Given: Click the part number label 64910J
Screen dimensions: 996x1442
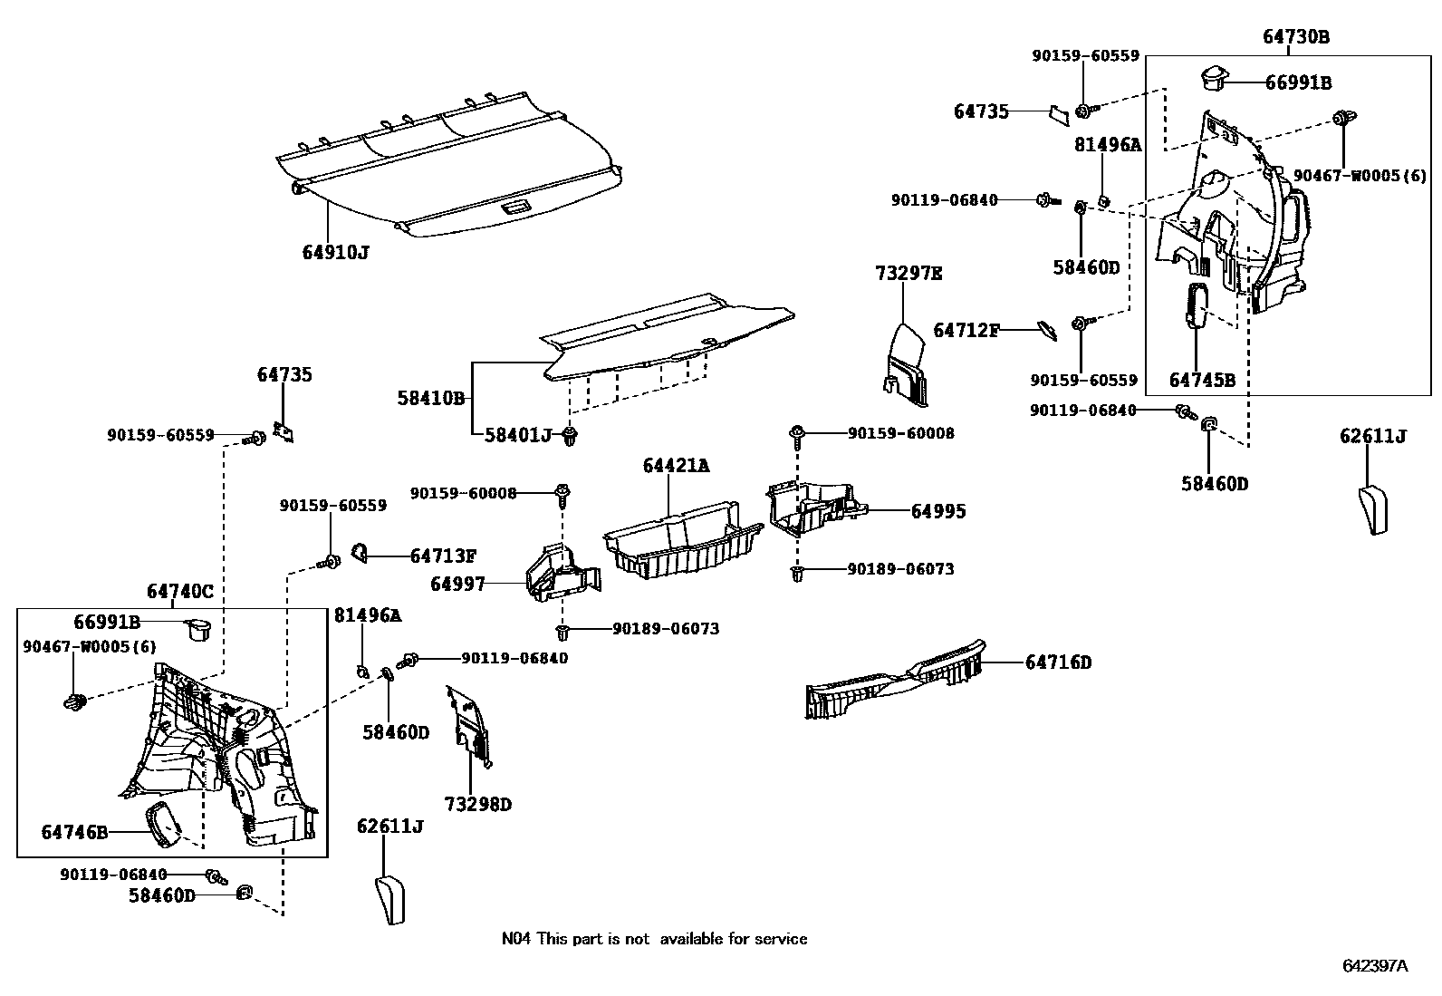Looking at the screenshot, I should pyautogui.click(x=335, y=252).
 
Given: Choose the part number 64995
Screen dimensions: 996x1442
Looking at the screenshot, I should pyautogui.click(x=937, y=511).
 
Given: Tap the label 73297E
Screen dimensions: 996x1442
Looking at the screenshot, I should pyautogui.click(x=908, y=274).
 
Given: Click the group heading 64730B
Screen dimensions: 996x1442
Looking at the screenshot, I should pyautogui.click(x=1296, y=37).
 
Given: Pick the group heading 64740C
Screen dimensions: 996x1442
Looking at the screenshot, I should pyautogui.click(x=180, y=592).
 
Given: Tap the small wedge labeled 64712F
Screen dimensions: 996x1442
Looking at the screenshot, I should pyautogui.click(x=1046, y=330).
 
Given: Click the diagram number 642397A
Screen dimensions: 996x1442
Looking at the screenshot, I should pyautogui.click(x=1374, y=965).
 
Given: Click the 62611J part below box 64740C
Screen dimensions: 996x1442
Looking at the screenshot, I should pyautogui.click(x=389, y=899).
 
